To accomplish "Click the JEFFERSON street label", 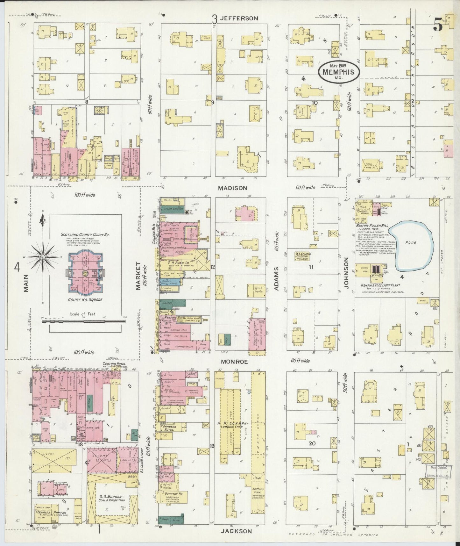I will (x=243, y=18).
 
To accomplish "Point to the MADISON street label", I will (x=232, y=188).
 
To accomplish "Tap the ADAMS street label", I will (x=276, y=279).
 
